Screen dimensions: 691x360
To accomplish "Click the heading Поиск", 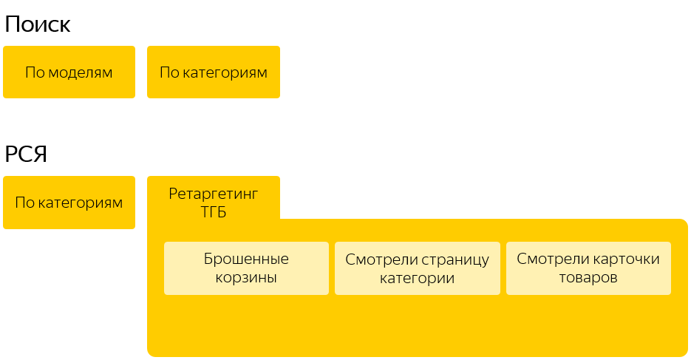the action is click(x=38, y=24).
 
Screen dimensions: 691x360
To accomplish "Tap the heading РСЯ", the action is click(x=26, y=154).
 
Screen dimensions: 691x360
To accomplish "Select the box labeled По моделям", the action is click(x=69, y=72).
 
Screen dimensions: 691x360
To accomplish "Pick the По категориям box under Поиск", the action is click(x=214, y=72).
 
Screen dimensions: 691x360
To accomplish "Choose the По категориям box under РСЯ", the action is click(x=69, y=203).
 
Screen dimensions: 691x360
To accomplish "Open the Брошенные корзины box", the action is click(x=246, y=268).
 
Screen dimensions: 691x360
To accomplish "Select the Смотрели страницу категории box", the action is click(x=418, y=268).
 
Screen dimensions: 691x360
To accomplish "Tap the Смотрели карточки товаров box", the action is click(x=588, y=268).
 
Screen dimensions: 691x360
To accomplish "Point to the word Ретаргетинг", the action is click(x=214, y=194).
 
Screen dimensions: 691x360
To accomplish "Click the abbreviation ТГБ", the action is click(x=214, y=212).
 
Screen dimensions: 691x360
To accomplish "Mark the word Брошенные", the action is click(x=246, y=259).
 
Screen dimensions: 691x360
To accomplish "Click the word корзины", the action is click(x=246, y=278).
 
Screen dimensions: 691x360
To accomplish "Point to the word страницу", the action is click(x=454, y=259).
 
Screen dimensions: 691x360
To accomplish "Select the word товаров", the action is click(x=588, y=278).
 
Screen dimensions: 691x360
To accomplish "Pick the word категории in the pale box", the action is click(x=418, y=278).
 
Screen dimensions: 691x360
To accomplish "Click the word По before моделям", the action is click(x=34, y=72).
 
